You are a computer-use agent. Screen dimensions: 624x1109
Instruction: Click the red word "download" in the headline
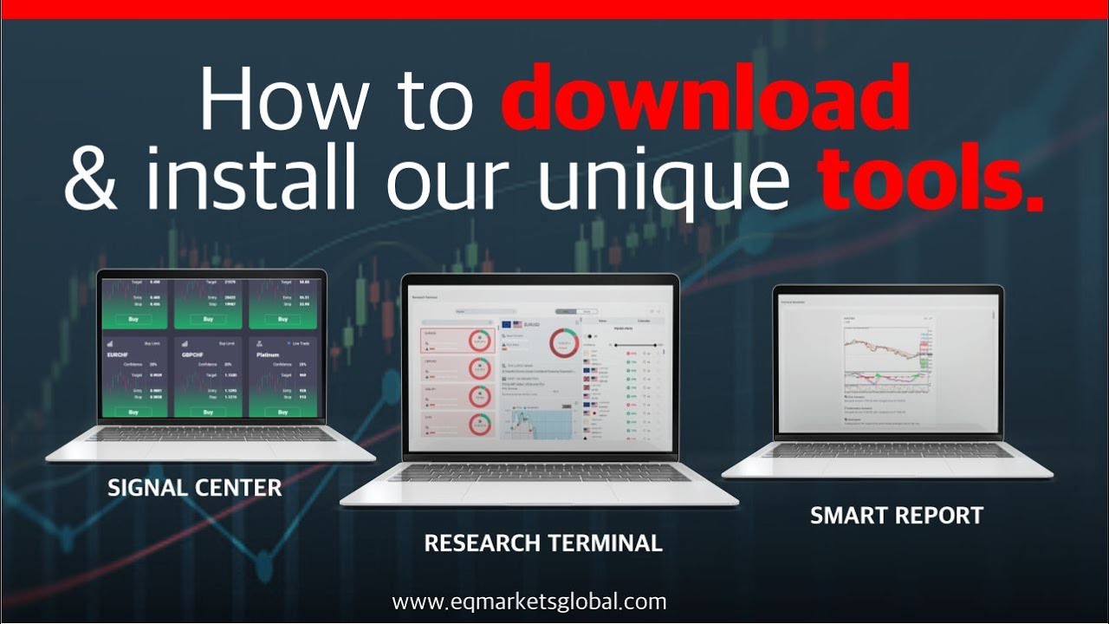[x=704, y=98]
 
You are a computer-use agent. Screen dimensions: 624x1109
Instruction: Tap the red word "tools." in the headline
[x=930, y=179]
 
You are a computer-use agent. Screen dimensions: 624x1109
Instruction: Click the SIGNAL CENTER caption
[x=195, y=487]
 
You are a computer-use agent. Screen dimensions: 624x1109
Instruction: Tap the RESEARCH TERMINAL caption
[x=542, y=543]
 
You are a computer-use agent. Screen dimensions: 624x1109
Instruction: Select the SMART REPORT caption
[x=897, y=515]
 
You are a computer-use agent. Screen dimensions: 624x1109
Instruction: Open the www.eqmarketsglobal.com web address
[x=529, y=601]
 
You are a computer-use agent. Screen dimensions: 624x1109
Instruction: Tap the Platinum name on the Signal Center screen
[x=269, y=354]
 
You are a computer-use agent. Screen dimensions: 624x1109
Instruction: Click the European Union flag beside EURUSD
[x=506, y=325]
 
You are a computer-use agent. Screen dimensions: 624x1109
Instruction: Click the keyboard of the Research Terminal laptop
[x=539, y=472]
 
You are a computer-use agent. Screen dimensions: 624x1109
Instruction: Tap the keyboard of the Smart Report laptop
[x=887, y=451]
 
